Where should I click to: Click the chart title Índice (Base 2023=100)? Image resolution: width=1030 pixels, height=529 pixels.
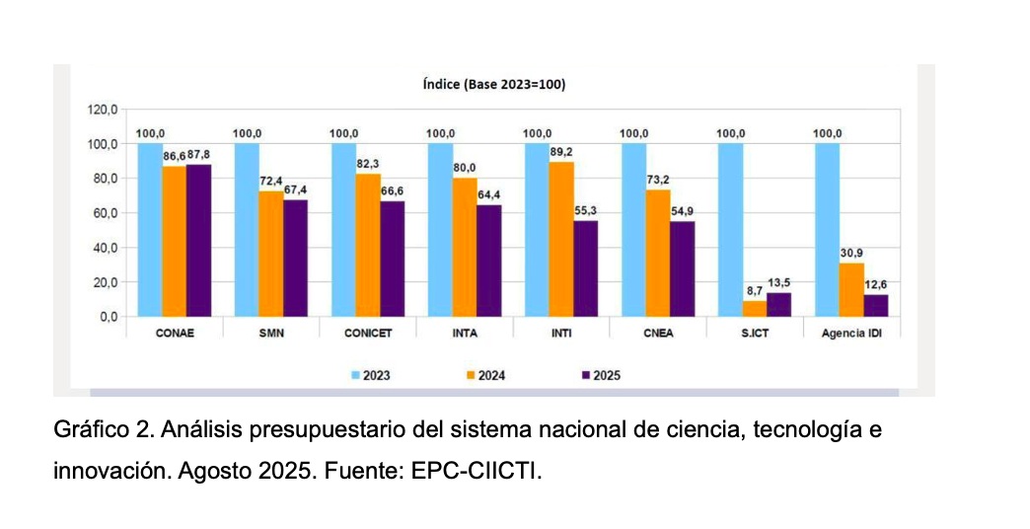494,85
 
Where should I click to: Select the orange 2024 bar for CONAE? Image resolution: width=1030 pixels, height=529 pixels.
174,242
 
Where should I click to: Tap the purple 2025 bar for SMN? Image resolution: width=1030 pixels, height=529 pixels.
295,259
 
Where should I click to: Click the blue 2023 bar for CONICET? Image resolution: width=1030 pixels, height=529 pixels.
343,230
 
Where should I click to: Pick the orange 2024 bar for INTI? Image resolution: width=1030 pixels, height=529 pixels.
561,239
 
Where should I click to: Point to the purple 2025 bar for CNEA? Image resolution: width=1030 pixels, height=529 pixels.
682,269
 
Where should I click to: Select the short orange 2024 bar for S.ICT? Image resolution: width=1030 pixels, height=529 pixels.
755,310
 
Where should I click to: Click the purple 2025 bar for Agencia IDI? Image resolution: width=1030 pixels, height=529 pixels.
876,306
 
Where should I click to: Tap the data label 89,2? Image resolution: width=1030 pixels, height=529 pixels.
561,152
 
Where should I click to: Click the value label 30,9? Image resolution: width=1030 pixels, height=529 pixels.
852,253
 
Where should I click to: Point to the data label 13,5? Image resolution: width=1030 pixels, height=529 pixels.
779,283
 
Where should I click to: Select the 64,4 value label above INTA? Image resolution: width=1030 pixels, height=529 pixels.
488,195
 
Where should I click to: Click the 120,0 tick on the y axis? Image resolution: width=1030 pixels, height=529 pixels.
102,110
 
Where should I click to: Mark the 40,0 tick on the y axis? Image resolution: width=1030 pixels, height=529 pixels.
104,248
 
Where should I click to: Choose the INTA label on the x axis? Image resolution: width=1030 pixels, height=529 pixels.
465,334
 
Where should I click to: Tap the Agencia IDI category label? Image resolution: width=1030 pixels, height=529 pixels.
851,334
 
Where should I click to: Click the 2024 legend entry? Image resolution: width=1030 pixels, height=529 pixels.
485,375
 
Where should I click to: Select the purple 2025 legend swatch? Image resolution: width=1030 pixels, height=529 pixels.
586,375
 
